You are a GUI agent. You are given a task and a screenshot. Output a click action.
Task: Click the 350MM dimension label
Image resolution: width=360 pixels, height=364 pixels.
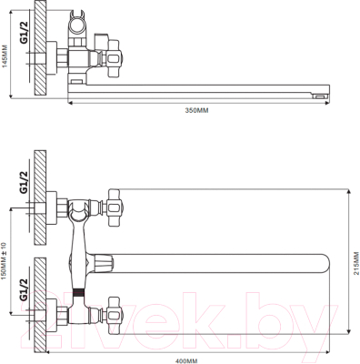[196, 110]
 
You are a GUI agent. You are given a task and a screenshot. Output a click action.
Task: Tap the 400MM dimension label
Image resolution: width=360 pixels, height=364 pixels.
[186, 361]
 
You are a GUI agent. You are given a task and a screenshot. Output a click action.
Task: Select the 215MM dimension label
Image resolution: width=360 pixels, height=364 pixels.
[355, 263]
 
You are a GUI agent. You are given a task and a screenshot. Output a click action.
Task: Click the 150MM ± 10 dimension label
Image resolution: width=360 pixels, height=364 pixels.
[4, 261]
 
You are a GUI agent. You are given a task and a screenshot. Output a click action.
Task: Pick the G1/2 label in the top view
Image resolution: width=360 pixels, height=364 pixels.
[25, 33]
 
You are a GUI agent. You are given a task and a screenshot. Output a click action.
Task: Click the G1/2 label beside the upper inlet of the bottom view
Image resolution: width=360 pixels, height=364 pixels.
[24, 182]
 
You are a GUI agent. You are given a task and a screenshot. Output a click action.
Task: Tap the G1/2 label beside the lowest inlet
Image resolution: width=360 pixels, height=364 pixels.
[24, 289]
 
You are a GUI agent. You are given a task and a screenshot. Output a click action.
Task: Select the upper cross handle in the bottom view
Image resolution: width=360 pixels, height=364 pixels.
[114, 207]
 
